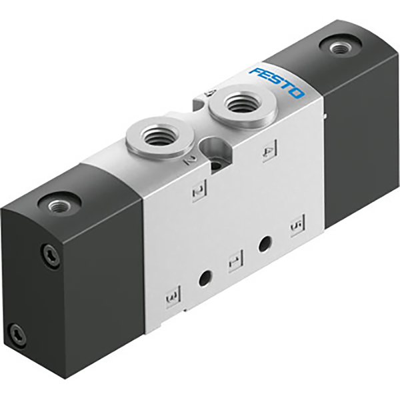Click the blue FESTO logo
pos(277,82)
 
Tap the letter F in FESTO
pos(254,71)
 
